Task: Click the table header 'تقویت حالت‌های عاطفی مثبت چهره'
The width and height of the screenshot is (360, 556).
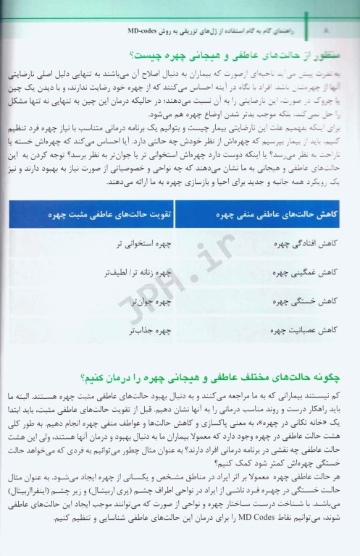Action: point(109,214)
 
